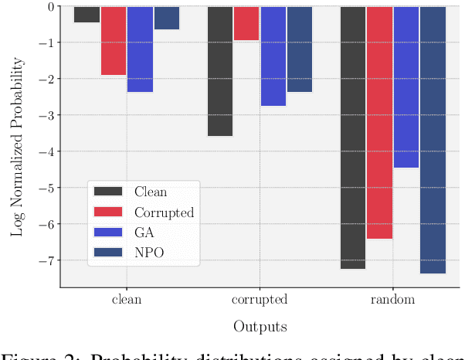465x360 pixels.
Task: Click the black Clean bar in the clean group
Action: click(x=87, y=15)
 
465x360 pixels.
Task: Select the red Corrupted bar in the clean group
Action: click(x=113, y=41)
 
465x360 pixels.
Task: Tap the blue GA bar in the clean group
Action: click(x=140, y=49)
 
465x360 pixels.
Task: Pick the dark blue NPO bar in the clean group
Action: click(x=166, y=19)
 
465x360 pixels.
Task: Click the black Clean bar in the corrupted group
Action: click(x=220, y=71)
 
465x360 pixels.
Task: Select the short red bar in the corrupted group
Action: click(x=246, y=23)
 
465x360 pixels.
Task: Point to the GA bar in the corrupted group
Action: click(x=273, y=56)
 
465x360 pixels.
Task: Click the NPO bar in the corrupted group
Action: click(x=300, y=49)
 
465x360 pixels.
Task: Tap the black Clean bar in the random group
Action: click(x=353, y=138)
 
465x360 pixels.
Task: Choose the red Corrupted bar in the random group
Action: click(x=379, y=123)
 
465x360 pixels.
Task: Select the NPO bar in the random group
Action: click(x=433, y=140)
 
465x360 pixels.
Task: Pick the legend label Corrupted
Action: click(x=164, y=212)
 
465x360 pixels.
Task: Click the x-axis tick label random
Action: click(x=392, y=300)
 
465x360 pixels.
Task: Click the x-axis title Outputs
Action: click(x=260, y=327)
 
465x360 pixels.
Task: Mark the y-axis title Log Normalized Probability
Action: click(x=16, y=147)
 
